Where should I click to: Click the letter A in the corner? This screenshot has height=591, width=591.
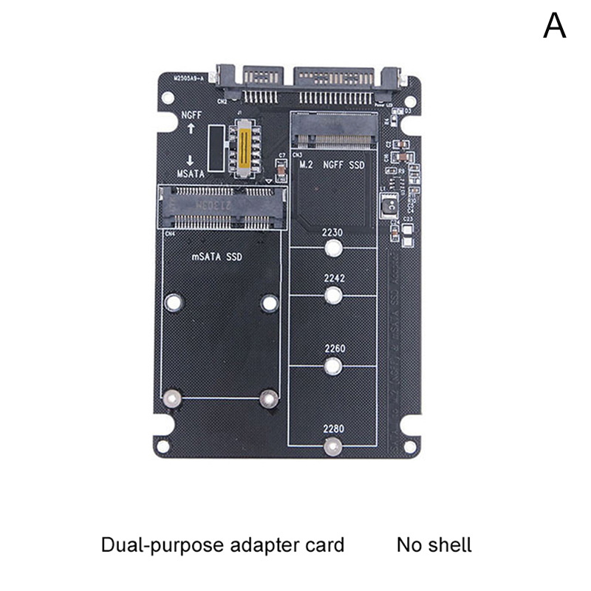(555, 25)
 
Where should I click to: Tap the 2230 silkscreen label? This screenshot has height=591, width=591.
(333, 232)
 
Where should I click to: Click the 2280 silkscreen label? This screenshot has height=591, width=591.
(334, 428)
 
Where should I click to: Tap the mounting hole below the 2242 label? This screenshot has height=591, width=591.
(333, 296)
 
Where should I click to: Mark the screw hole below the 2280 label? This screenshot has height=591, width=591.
(334, 445)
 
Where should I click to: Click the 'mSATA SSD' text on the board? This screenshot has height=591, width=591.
(216, 256)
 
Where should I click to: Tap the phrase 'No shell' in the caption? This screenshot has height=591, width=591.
(434, 546)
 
